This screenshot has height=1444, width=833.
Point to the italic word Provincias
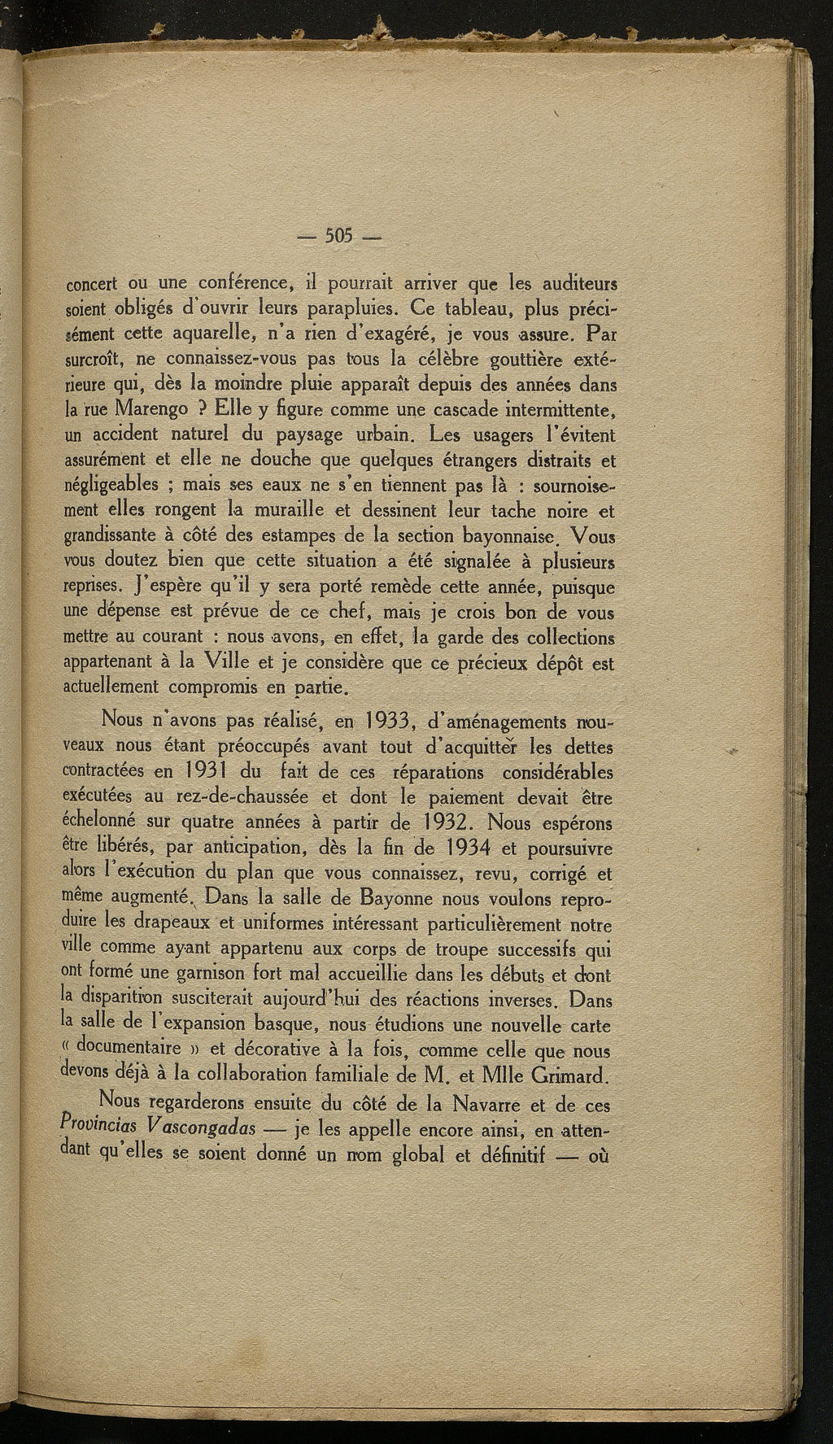click(101, 1126)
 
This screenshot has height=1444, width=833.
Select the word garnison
click(215, 974)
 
